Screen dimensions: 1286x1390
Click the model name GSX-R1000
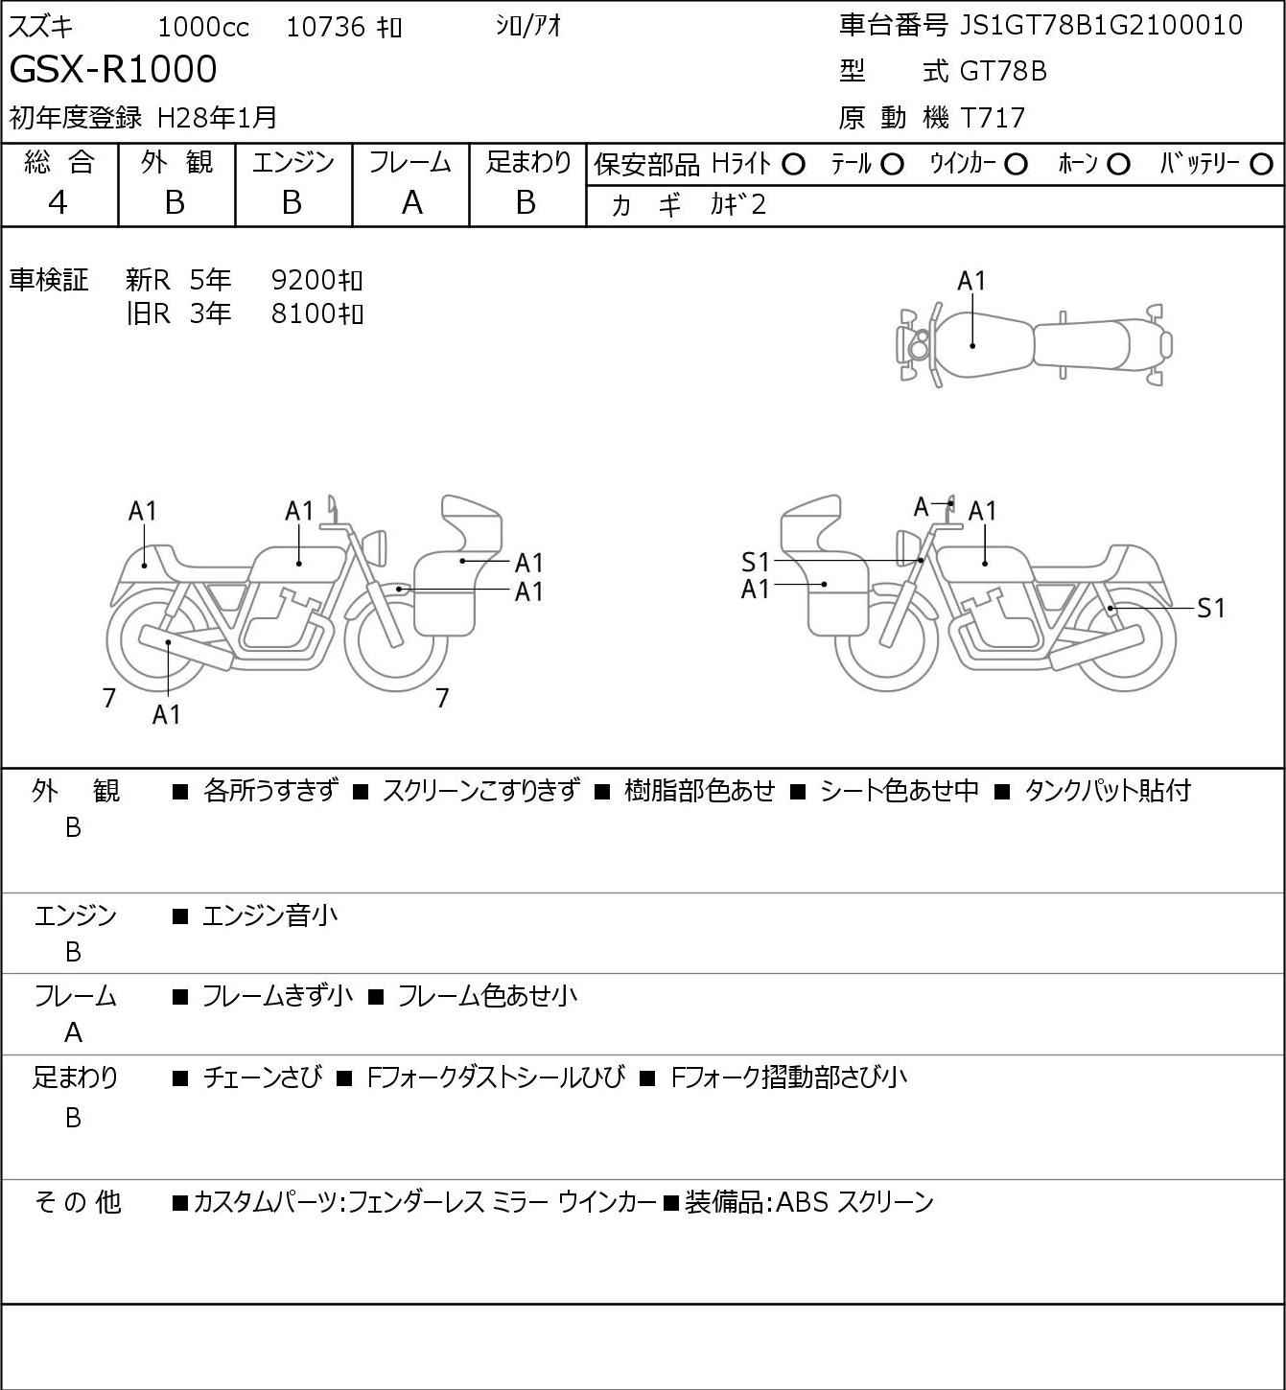click(113, 69)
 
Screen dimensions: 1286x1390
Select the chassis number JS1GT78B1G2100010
click(1101, 26)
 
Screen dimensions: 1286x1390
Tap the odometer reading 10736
click(326, 27)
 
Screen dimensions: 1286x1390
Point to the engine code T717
click(994, 118)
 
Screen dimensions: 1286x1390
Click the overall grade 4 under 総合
click(58, 203)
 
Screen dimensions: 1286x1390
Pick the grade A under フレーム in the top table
click(411, 203)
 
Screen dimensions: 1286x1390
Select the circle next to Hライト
click(793, 165)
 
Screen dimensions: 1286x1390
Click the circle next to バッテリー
click(1261, 165)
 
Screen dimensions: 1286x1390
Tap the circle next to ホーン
click(1118, 165)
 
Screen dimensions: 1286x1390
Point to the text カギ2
click(738, 205)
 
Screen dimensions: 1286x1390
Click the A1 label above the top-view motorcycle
click(971, 281)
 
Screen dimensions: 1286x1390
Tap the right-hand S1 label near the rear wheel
click(1211, 608)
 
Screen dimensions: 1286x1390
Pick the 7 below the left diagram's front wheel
click(442, 697)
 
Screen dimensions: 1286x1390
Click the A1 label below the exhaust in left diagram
click(166, 714)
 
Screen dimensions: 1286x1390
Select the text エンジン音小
click(269, 915)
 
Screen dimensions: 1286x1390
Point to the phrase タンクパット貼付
click(1108, 790)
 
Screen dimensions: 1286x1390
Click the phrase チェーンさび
click(263, 1077)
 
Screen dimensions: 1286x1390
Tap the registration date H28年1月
click(217, 118)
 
